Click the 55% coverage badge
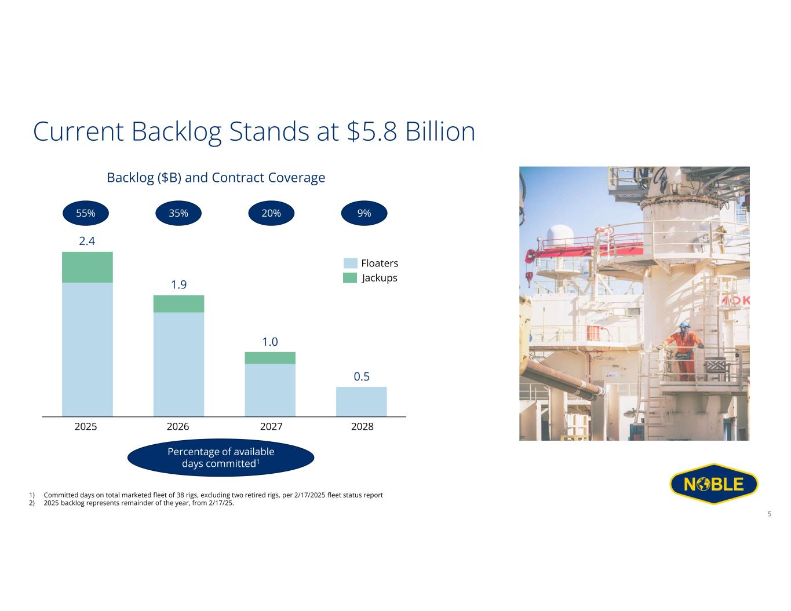86,213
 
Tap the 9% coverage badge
364,213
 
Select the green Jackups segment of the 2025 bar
88,267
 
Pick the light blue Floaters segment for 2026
178,364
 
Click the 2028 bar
361,401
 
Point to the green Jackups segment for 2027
270,358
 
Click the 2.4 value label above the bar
87,241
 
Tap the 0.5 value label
362,376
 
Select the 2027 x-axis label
271,426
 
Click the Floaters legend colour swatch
350,263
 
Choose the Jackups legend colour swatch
350,278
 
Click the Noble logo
714,484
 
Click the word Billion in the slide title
440,131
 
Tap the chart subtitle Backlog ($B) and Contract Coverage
216,177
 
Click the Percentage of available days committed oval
221,457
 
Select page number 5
769,514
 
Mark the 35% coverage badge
178,213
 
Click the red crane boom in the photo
582,248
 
